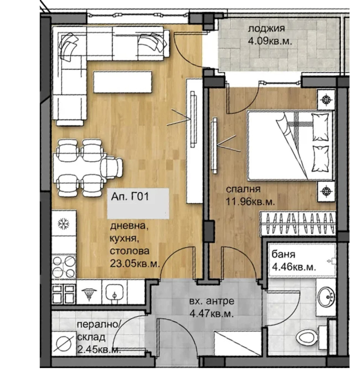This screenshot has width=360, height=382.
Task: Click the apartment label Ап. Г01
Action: (x=130, y=196)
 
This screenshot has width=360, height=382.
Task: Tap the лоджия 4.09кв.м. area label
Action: (x=269, y=35)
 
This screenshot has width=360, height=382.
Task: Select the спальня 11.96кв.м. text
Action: (x=250, y=196)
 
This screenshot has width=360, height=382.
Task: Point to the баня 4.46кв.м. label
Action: (x=294, y=261)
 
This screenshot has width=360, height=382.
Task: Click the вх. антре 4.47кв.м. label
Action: (x=212, y=307)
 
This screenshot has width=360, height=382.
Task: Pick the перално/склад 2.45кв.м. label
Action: (x=99, y=337)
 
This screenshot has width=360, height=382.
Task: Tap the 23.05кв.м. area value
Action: (x=135, y=264)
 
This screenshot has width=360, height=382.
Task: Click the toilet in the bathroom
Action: (x=311, y=337)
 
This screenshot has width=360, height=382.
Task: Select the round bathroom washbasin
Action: (x=326, y=297)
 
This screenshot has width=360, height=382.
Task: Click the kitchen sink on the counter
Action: (x=115, y=292)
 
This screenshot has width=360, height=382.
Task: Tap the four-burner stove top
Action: (x=64, y=266)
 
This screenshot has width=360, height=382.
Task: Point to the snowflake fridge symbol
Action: (x=64, y=223)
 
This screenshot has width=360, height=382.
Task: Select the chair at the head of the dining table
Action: (x=112, y=168)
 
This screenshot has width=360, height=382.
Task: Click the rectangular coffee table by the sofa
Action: (x=123, y=82)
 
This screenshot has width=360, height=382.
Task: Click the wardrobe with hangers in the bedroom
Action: (x=298, y=224)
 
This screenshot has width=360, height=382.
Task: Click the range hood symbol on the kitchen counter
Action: (x=89, y=292)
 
